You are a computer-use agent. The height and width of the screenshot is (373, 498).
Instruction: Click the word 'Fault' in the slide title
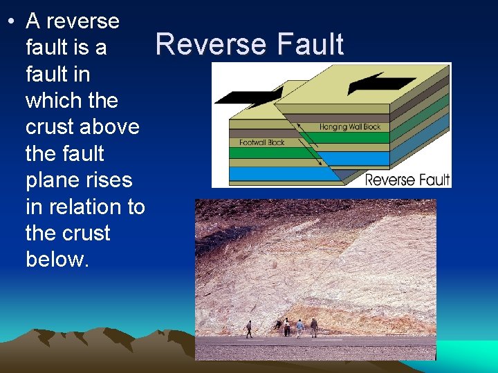[310, 44]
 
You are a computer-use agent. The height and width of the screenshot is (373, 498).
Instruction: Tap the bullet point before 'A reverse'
[12, 21]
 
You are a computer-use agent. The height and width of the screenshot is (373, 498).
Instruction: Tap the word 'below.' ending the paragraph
[57, 259]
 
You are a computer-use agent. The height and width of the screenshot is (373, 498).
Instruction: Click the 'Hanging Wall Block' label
[350, 127]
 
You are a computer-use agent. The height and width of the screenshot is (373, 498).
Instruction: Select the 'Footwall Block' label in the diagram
[262, 142]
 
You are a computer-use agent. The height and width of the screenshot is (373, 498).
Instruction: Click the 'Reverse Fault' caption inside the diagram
[407, 180]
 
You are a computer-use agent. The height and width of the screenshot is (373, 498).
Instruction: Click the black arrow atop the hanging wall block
[377, 83]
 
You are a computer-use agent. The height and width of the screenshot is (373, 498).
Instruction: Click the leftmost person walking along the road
[249, 329]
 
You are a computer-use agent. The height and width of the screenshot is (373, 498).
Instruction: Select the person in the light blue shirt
[299, 327]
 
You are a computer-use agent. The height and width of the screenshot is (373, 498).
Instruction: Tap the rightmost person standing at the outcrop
[314, 327]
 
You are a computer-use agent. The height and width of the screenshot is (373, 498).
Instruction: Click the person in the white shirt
[286, 327]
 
